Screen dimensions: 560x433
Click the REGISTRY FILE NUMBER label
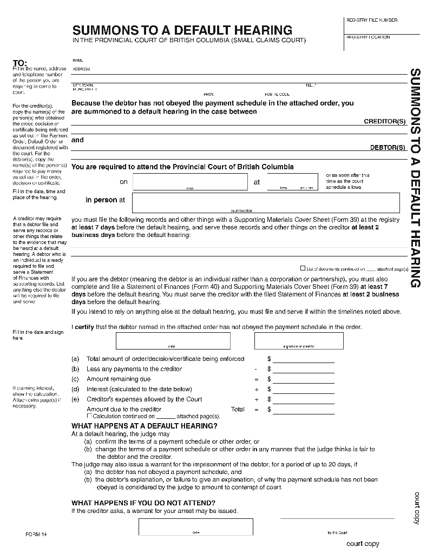pyautogui.click(x=371, y=20)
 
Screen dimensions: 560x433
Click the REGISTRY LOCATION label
pyautogui.click(x=368, y=37)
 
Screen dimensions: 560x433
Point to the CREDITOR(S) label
pyautogui.click(x=384, y=122)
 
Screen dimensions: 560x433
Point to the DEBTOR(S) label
pyautogui.click(x=388, y=147)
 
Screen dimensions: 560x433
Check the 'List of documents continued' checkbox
pyautogui.click(x=303, y=268)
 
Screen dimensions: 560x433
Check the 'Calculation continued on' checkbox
pyautogui.click(x=90, y=416)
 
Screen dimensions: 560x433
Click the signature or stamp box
pyautogui.click(x=299, y=341)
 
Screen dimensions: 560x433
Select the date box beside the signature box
pyautogui.click(x=173, y=341)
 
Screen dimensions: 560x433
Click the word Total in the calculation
pyautogui.click(x=238, y=410)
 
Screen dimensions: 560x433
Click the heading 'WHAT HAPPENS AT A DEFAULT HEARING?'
pyautogui.click(x=145, y=426)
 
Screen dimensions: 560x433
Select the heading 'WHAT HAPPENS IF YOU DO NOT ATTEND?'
pyautogui.click(x=143, y=503)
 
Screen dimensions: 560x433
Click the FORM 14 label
pyautogui.click(x=36, y=534)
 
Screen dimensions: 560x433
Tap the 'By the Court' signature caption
pyautogui.click(x=337, y=532)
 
